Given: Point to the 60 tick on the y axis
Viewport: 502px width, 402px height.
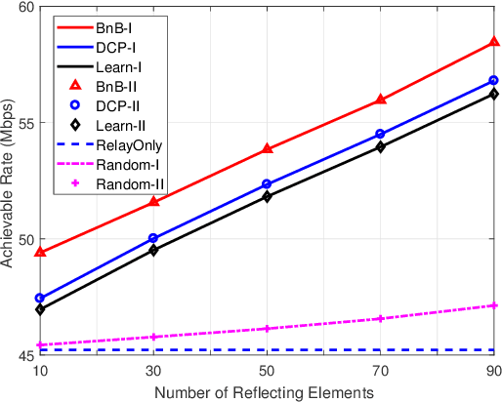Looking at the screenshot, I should pos(23,7).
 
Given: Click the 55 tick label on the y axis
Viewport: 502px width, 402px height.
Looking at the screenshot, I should pos(23,123).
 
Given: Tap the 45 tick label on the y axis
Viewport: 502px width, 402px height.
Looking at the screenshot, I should pos(23,356).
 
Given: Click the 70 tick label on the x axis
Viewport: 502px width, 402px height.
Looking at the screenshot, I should pos(381,371).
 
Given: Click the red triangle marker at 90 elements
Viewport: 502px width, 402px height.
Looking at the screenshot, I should pos(494,43).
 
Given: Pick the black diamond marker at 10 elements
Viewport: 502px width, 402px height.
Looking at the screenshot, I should pos(40,309).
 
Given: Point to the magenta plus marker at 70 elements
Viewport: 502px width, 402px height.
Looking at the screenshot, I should pos(381,319).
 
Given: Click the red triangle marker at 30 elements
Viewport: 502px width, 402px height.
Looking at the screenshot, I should pos(153,201).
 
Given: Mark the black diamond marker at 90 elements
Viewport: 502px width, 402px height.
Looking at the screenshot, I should pos(494,94).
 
